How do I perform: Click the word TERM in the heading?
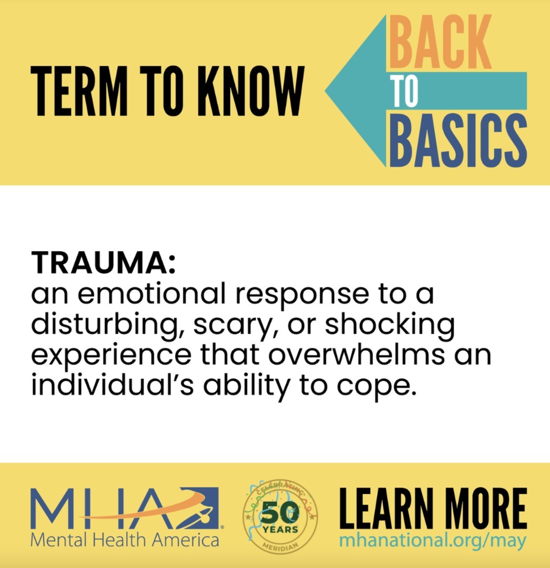pos(79,91)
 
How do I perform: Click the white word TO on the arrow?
pos(405,91)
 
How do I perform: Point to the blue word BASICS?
pos(458,140)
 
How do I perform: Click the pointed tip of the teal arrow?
pos(325,91)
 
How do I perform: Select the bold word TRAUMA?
pos(103,262)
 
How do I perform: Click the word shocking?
pos(389,325)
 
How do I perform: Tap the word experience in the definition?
pos(111,357)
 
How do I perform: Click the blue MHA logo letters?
pos(125,508)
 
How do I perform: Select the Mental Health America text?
pos(125,540)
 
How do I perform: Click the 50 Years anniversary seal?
pos(280,517)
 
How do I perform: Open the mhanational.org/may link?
pos(433,541)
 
